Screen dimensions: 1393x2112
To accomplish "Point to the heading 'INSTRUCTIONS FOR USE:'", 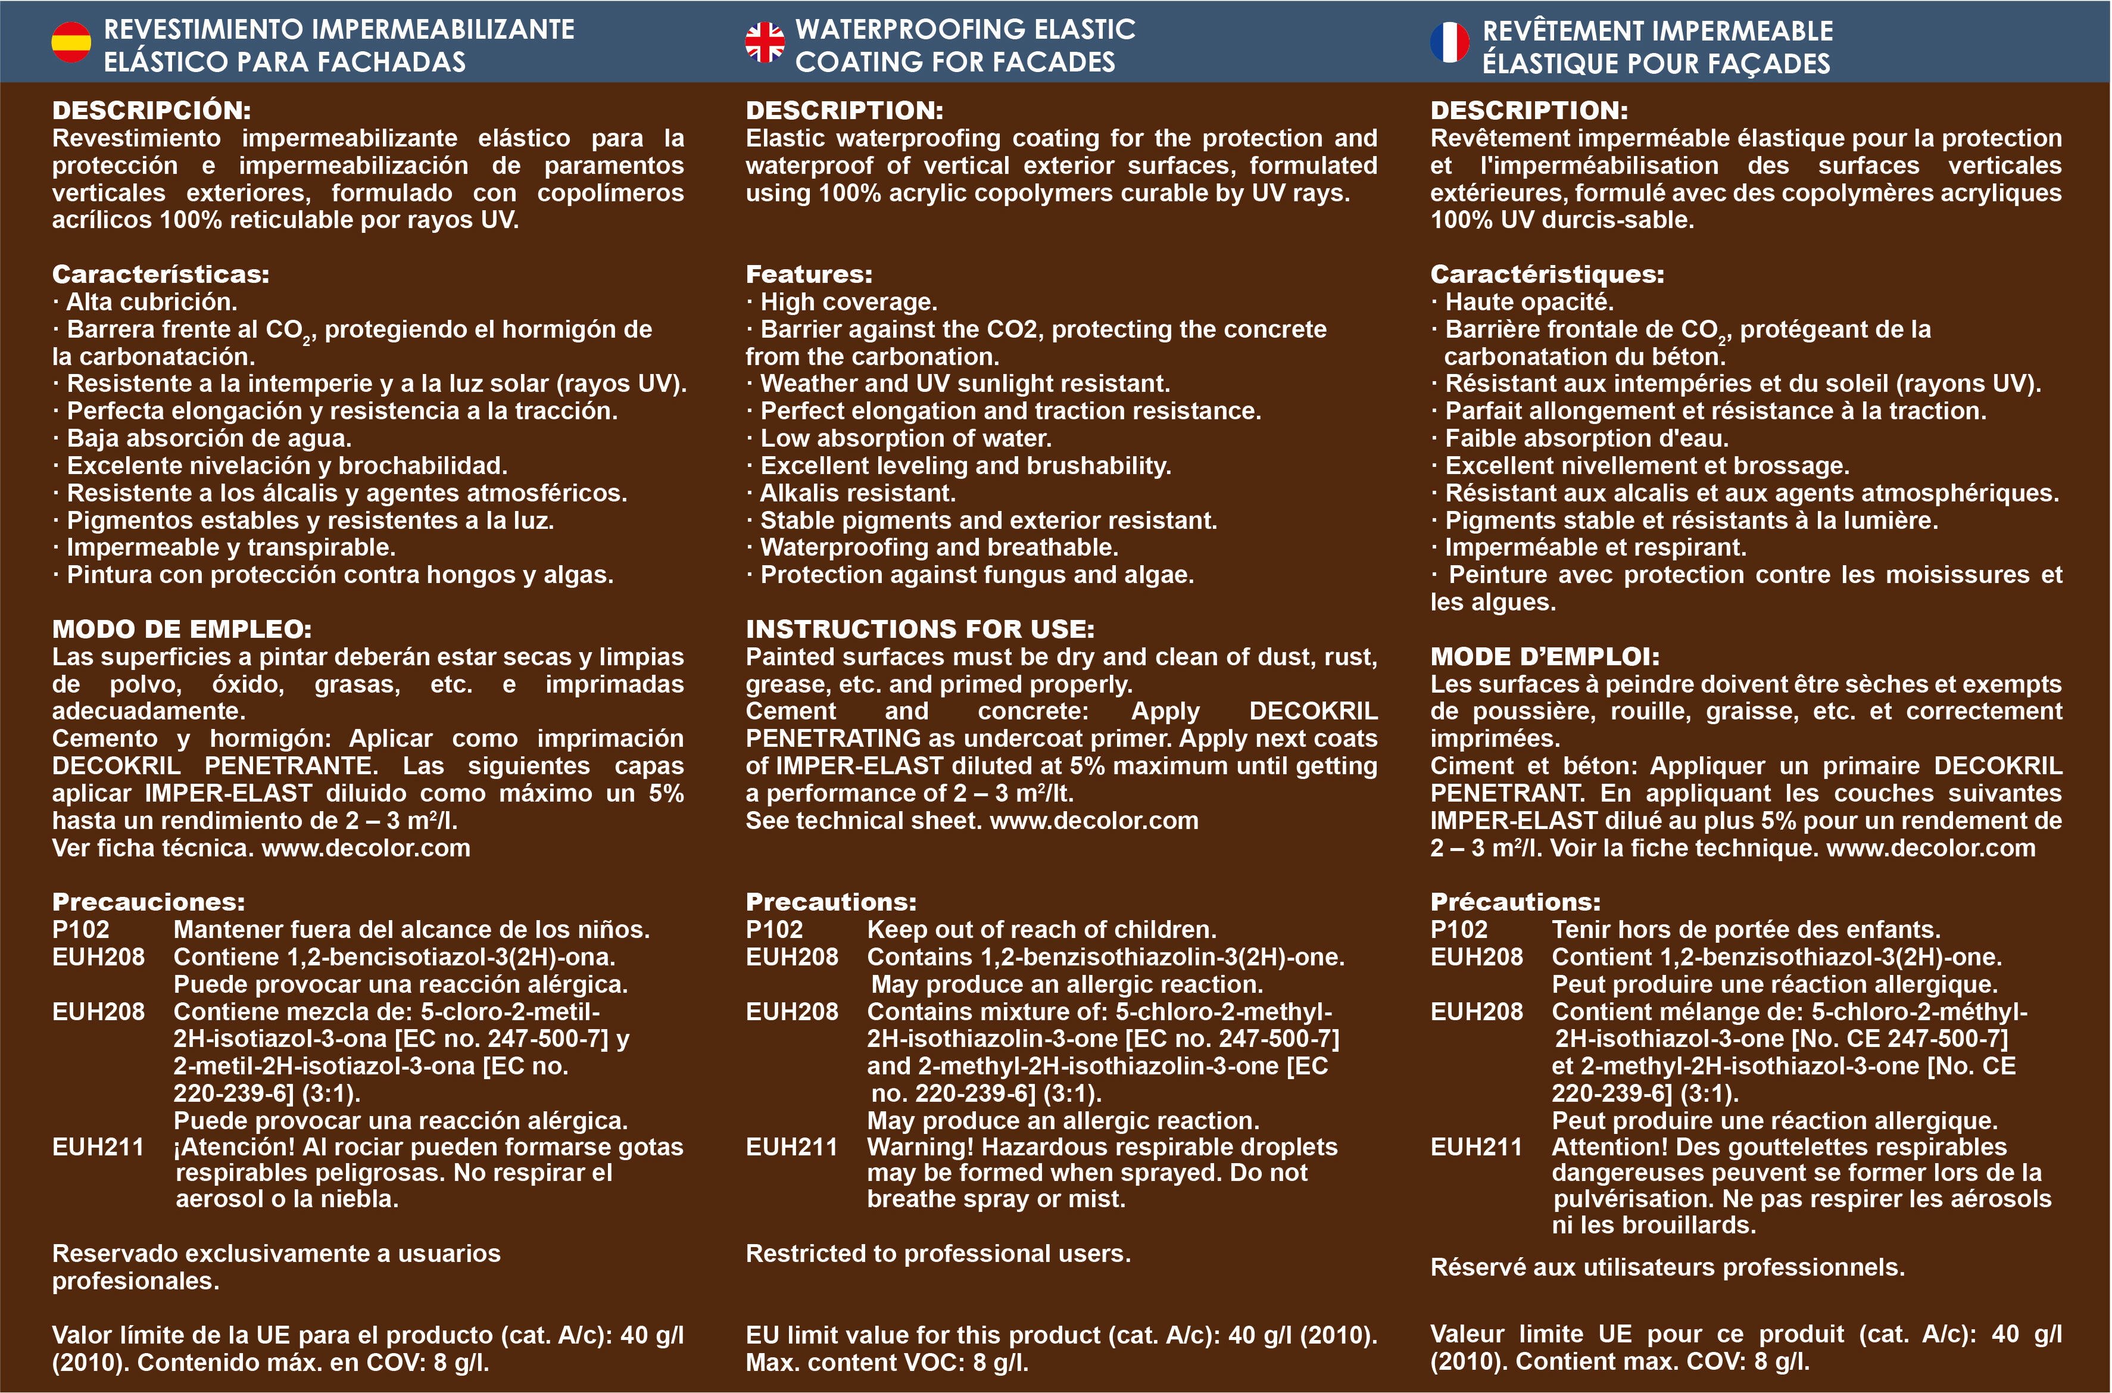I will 920,629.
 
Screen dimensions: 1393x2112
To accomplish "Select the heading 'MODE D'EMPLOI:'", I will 1545,656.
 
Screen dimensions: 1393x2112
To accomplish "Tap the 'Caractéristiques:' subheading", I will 1547,275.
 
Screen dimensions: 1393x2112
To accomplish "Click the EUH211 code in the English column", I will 791,1147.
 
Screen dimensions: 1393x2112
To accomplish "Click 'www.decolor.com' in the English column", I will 1094,820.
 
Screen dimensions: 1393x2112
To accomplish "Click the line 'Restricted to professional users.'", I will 938,1254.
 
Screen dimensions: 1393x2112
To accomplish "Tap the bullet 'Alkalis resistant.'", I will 857,493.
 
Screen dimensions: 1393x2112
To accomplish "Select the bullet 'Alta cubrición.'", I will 151,302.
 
